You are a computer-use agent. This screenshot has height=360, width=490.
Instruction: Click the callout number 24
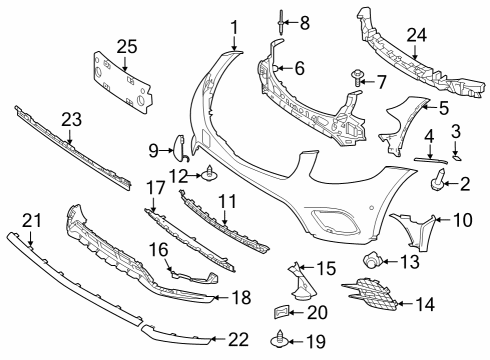pos(416,35)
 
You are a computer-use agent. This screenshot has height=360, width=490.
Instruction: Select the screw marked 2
pos(438,180)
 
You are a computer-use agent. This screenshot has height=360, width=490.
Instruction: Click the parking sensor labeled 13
pos(372,260)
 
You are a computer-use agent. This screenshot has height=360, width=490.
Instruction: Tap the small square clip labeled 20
pos(281,312)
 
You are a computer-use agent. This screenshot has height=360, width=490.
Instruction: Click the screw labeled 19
pos(278,339)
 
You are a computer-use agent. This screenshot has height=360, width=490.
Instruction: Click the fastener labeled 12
pos(209,174)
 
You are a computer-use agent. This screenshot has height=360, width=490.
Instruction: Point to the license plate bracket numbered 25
pos(123,83)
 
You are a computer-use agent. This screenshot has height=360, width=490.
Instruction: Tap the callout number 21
pos(32,221)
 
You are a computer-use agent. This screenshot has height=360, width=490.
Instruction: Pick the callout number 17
pos(155,188)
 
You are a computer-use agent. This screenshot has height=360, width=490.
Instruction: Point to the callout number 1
pos(235,28)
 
